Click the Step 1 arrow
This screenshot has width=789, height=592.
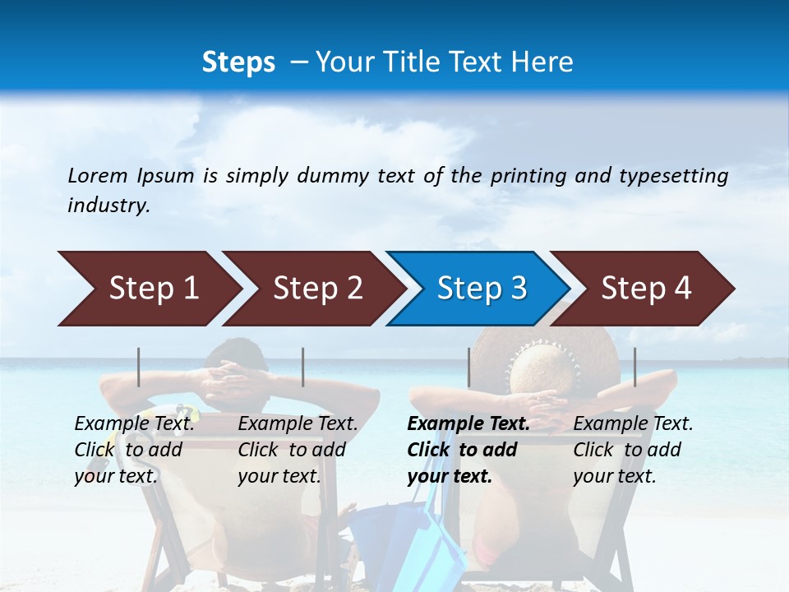148,289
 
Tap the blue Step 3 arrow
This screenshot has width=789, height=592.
479,289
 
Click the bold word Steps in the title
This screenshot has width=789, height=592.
238,62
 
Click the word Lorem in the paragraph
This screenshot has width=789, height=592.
98,175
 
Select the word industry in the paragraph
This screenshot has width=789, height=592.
108,206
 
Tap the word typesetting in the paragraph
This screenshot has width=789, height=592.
673,175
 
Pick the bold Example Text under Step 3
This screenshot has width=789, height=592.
468,424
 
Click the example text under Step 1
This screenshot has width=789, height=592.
134,449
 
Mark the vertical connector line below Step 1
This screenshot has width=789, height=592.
139,367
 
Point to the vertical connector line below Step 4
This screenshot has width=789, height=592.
635,367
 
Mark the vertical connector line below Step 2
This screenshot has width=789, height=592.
303,367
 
